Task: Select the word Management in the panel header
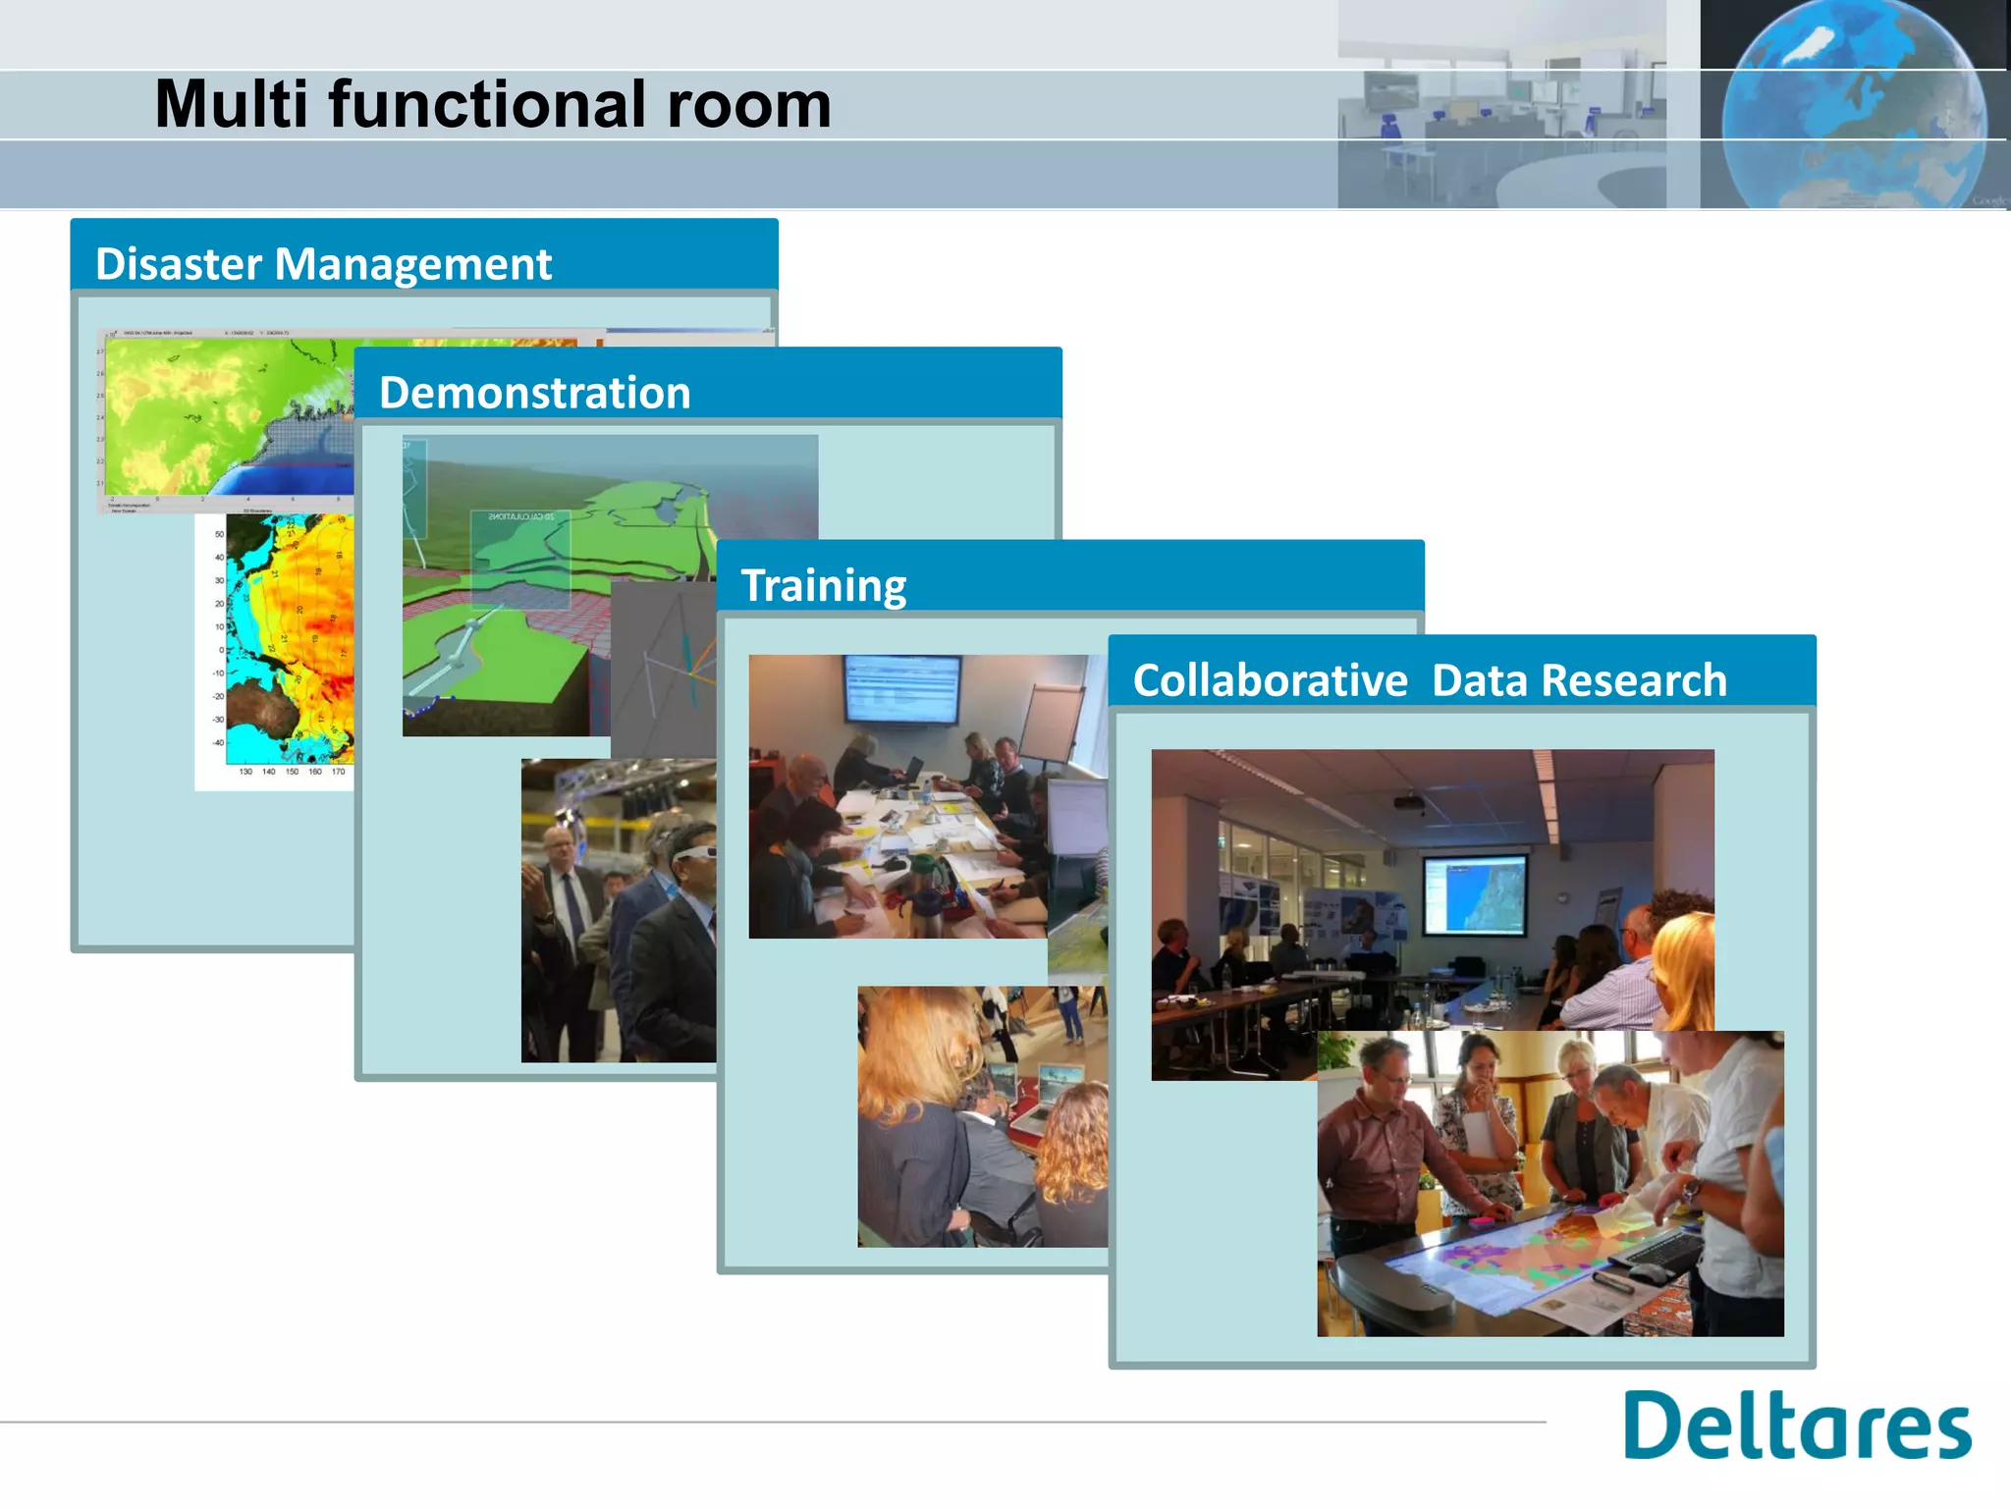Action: [x=413, y=264]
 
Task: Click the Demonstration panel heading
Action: [x=535, y=393]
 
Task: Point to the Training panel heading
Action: [x=823, y=586]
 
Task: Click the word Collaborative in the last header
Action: [x=1270, y=680]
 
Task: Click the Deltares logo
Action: [x=1796, y=1426]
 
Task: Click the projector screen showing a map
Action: [x=1475, y=893]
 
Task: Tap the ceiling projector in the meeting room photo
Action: [x=1410, y=803]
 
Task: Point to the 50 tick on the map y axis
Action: [x=219, y=534]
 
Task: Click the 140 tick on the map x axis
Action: [x=268, y=772]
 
